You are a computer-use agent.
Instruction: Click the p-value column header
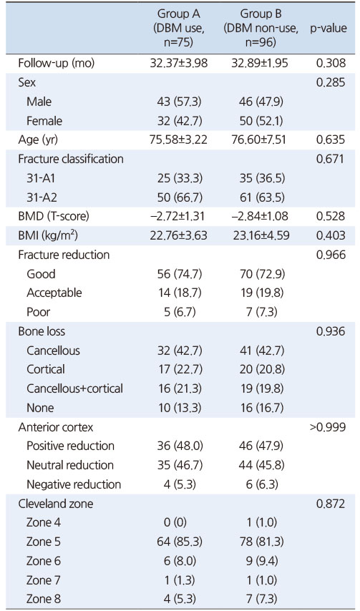(329, 29)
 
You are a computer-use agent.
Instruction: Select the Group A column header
(179, 29)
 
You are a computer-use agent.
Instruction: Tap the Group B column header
(261, 29)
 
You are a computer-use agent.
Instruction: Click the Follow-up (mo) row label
(57, 64)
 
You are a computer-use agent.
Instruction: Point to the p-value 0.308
(331, 64)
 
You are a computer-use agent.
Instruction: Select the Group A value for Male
(179, 102)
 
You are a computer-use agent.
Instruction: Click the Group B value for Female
(261, 121)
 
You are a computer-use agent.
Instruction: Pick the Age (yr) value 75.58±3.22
(179, 140)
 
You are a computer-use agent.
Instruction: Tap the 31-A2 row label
(42, 197)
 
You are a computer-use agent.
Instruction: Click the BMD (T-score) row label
(54, 217)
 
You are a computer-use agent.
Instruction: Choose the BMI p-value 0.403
(331, 236)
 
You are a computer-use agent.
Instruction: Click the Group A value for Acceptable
(179, 293)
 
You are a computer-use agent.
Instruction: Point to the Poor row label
(38, 312)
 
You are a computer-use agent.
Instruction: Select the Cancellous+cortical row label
(75, 388)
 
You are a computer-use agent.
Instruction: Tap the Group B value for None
(261, 408)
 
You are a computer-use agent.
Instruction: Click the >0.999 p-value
(327, 427)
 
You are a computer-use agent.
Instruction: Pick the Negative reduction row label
(74, 484)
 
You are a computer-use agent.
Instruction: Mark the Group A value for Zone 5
(179, 542)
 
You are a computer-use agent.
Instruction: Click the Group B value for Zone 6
(261, 561)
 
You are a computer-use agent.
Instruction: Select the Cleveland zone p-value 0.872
(331, 504)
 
